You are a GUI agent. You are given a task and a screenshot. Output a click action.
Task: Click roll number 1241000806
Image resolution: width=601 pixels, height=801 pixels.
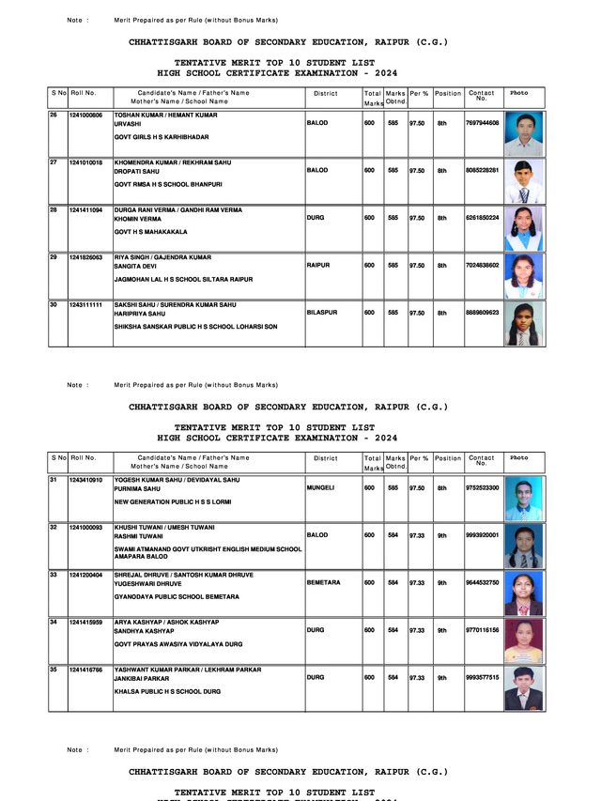pyautogui.click(x=85, y=115)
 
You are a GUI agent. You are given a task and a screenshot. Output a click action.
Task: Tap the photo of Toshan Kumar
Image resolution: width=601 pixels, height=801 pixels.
pyautogui.click(x=523, y=133)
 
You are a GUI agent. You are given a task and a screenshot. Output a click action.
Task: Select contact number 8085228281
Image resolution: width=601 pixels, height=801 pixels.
pyautogui.click(x=482, y=170)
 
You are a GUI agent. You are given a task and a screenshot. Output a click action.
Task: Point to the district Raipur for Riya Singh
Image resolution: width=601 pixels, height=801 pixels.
pyautogui.click(x=318, y=266)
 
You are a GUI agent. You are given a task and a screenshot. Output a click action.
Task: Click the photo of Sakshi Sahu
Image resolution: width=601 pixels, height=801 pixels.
pyautogui.click(x=523, y=323)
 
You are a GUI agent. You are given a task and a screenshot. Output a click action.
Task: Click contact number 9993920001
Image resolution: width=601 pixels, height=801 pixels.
pyautogui.click(x=482, y=535)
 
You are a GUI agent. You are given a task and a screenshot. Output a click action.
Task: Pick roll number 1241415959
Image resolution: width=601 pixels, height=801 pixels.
pyautogui.click(x=85, y=622)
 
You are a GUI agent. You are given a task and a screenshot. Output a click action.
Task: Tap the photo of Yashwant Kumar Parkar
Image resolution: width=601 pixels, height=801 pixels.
pyautogui.click(x=523, y=687)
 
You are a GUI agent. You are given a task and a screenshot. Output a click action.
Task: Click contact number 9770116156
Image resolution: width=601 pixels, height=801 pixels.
pyautogui.click(x=482, y=630)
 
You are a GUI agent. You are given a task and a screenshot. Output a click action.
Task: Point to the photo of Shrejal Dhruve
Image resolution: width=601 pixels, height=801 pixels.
pyautogui.click(x=523, y=593)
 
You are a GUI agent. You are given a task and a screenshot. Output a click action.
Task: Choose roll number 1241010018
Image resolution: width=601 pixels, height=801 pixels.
pyautogui.click(x=85, y=162)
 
